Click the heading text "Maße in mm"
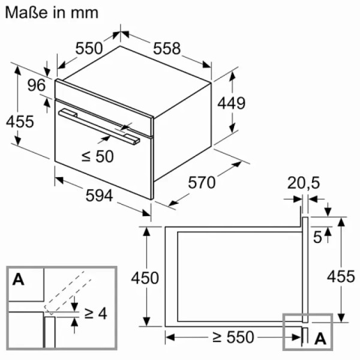coord(52,13)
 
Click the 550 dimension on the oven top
coord(89,49)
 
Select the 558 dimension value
coord(167,49)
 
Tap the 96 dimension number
coord(37,85)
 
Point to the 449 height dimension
coord(232,103)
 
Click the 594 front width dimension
coord(99,196)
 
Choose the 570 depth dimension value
coord(202,182)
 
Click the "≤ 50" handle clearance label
coord(98,157)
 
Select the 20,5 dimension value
coord(304,183)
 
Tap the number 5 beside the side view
coord(318,237)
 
